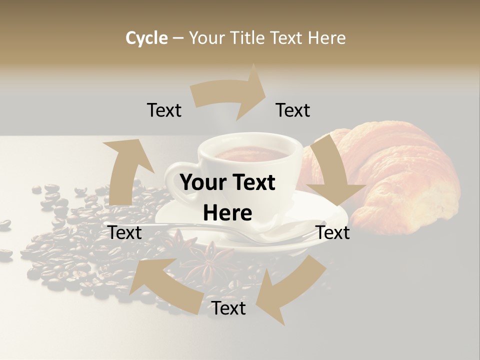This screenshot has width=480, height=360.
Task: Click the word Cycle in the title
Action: [146, 38]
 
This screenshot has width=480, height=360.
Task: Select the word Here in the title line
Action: [326, 38]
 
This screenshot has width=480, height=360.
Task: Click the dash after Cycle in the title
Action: [178, 38]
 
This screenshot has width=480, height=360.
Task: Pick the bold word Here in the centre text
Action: [227, 213]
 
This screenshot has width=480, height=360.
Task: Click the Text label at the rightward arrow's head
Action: [293, 110]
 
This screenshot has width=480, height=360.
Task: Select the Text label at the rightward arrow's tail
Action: [164, 110]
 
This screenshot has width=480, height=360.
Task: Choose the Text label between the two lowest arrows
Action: [228, 308]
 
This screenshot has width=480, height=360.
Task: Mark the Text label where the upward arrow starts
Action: [125, 232]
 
